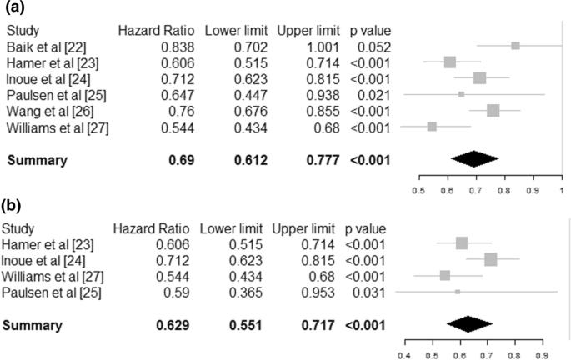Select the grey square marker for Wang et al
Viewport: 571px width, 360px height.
(x=493, y=111)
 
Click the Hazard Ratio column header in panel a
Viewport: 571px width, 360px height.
(x=163, y=30)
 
